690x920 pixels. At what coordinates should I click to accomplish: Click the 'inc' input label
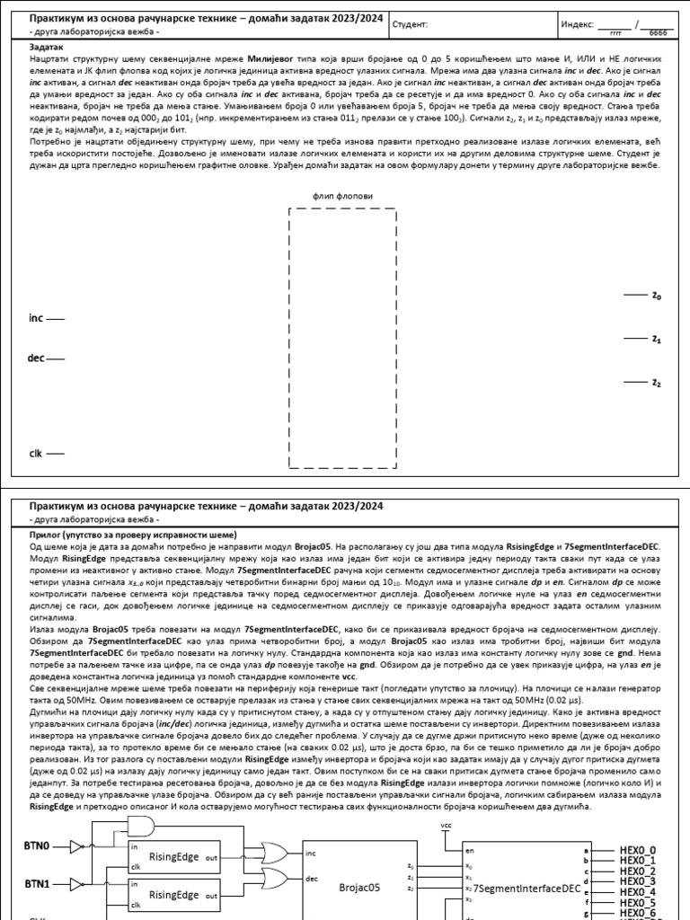[x=36, y=318]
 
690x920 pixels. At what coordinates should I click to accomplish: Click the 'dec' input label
[x=36, y=358]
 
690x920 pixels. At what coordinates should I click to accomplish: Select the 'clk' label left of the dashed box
[x=35, y=454]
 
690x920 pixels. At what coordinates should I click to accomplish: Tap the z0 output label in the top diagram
[x=656, y=296]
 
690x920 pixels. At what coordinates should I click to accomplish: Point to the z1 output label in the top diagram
[x=656, y=340]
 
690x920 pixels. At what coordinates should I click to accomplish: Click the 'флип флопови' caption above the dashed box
[x=341, y=195]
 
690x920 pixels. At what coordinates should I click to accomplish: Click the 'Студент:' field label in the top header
[x=411, y=25]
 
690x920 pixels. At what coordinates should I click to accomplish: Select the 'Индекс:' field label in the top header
[x=577, y=25]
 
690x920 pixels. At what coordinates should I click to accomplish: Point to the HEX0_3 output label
[x=638, y=881]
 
